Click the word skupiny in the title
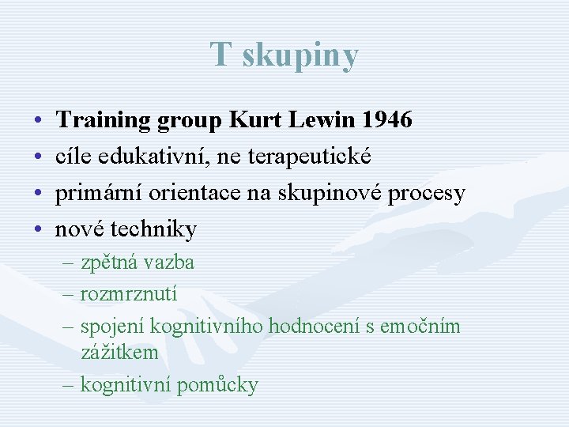pyautogui.click(x=300, y=56)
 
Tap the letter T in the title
pyautogui.click(x=220, y=55)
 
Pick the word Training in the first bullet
pyautogui.click(x=104, y=120)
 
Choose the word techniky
pyautogui.click(x=153, y=229)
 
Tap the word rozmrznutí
pyautogui.click(x=129, y=293)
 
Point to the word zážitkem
pyautogui.click(x=119, y=352)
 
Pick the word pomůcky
pyautogui.click(x=217, y=386)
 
